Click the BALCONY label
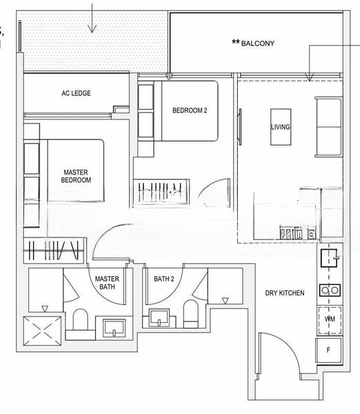coord(258,43)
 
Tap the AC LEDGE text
coord(76,93)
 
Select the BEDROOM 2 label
coord(190,110)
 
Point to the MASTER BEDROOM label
coord(76,176)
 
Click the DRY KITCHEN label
coord(285,293)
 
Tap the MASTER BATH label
coord(107,282)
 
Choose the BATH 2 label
coord(164,279)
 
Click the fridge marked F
coord(329,351)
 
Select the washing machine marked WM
coord(330,319)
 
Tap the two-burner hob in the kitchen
coord(330,290)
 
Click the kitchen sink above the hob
coord(329,258)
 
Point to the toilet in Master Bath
coord(80,320)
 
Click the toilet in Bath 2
coord(190,313)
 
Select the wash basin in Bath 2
coord(159,317)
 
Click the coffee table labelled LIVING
coord(281,127)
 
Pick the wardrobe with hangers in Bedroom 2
coord(161,192)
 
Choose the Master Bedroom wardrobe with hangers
coord(54,250)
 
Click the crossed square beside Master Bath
coord(42,331)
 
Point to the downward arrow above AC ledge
coord(92,18)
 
